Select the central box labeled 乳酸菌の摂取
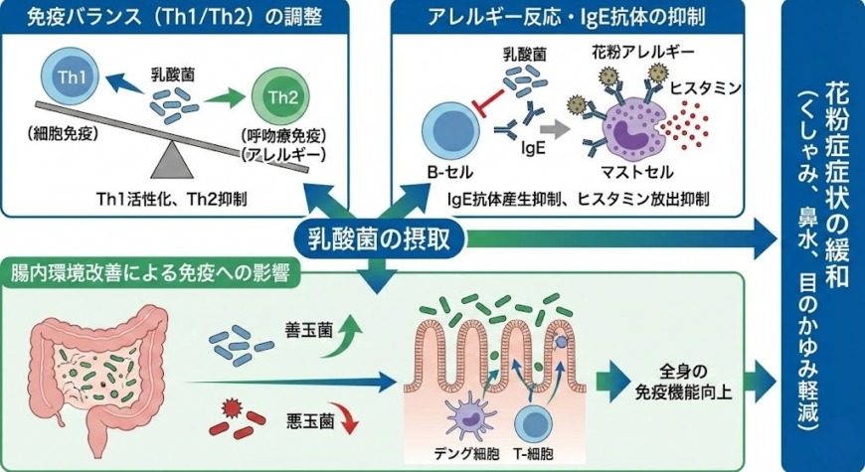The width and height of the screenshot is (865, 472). tap(379, 238)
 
